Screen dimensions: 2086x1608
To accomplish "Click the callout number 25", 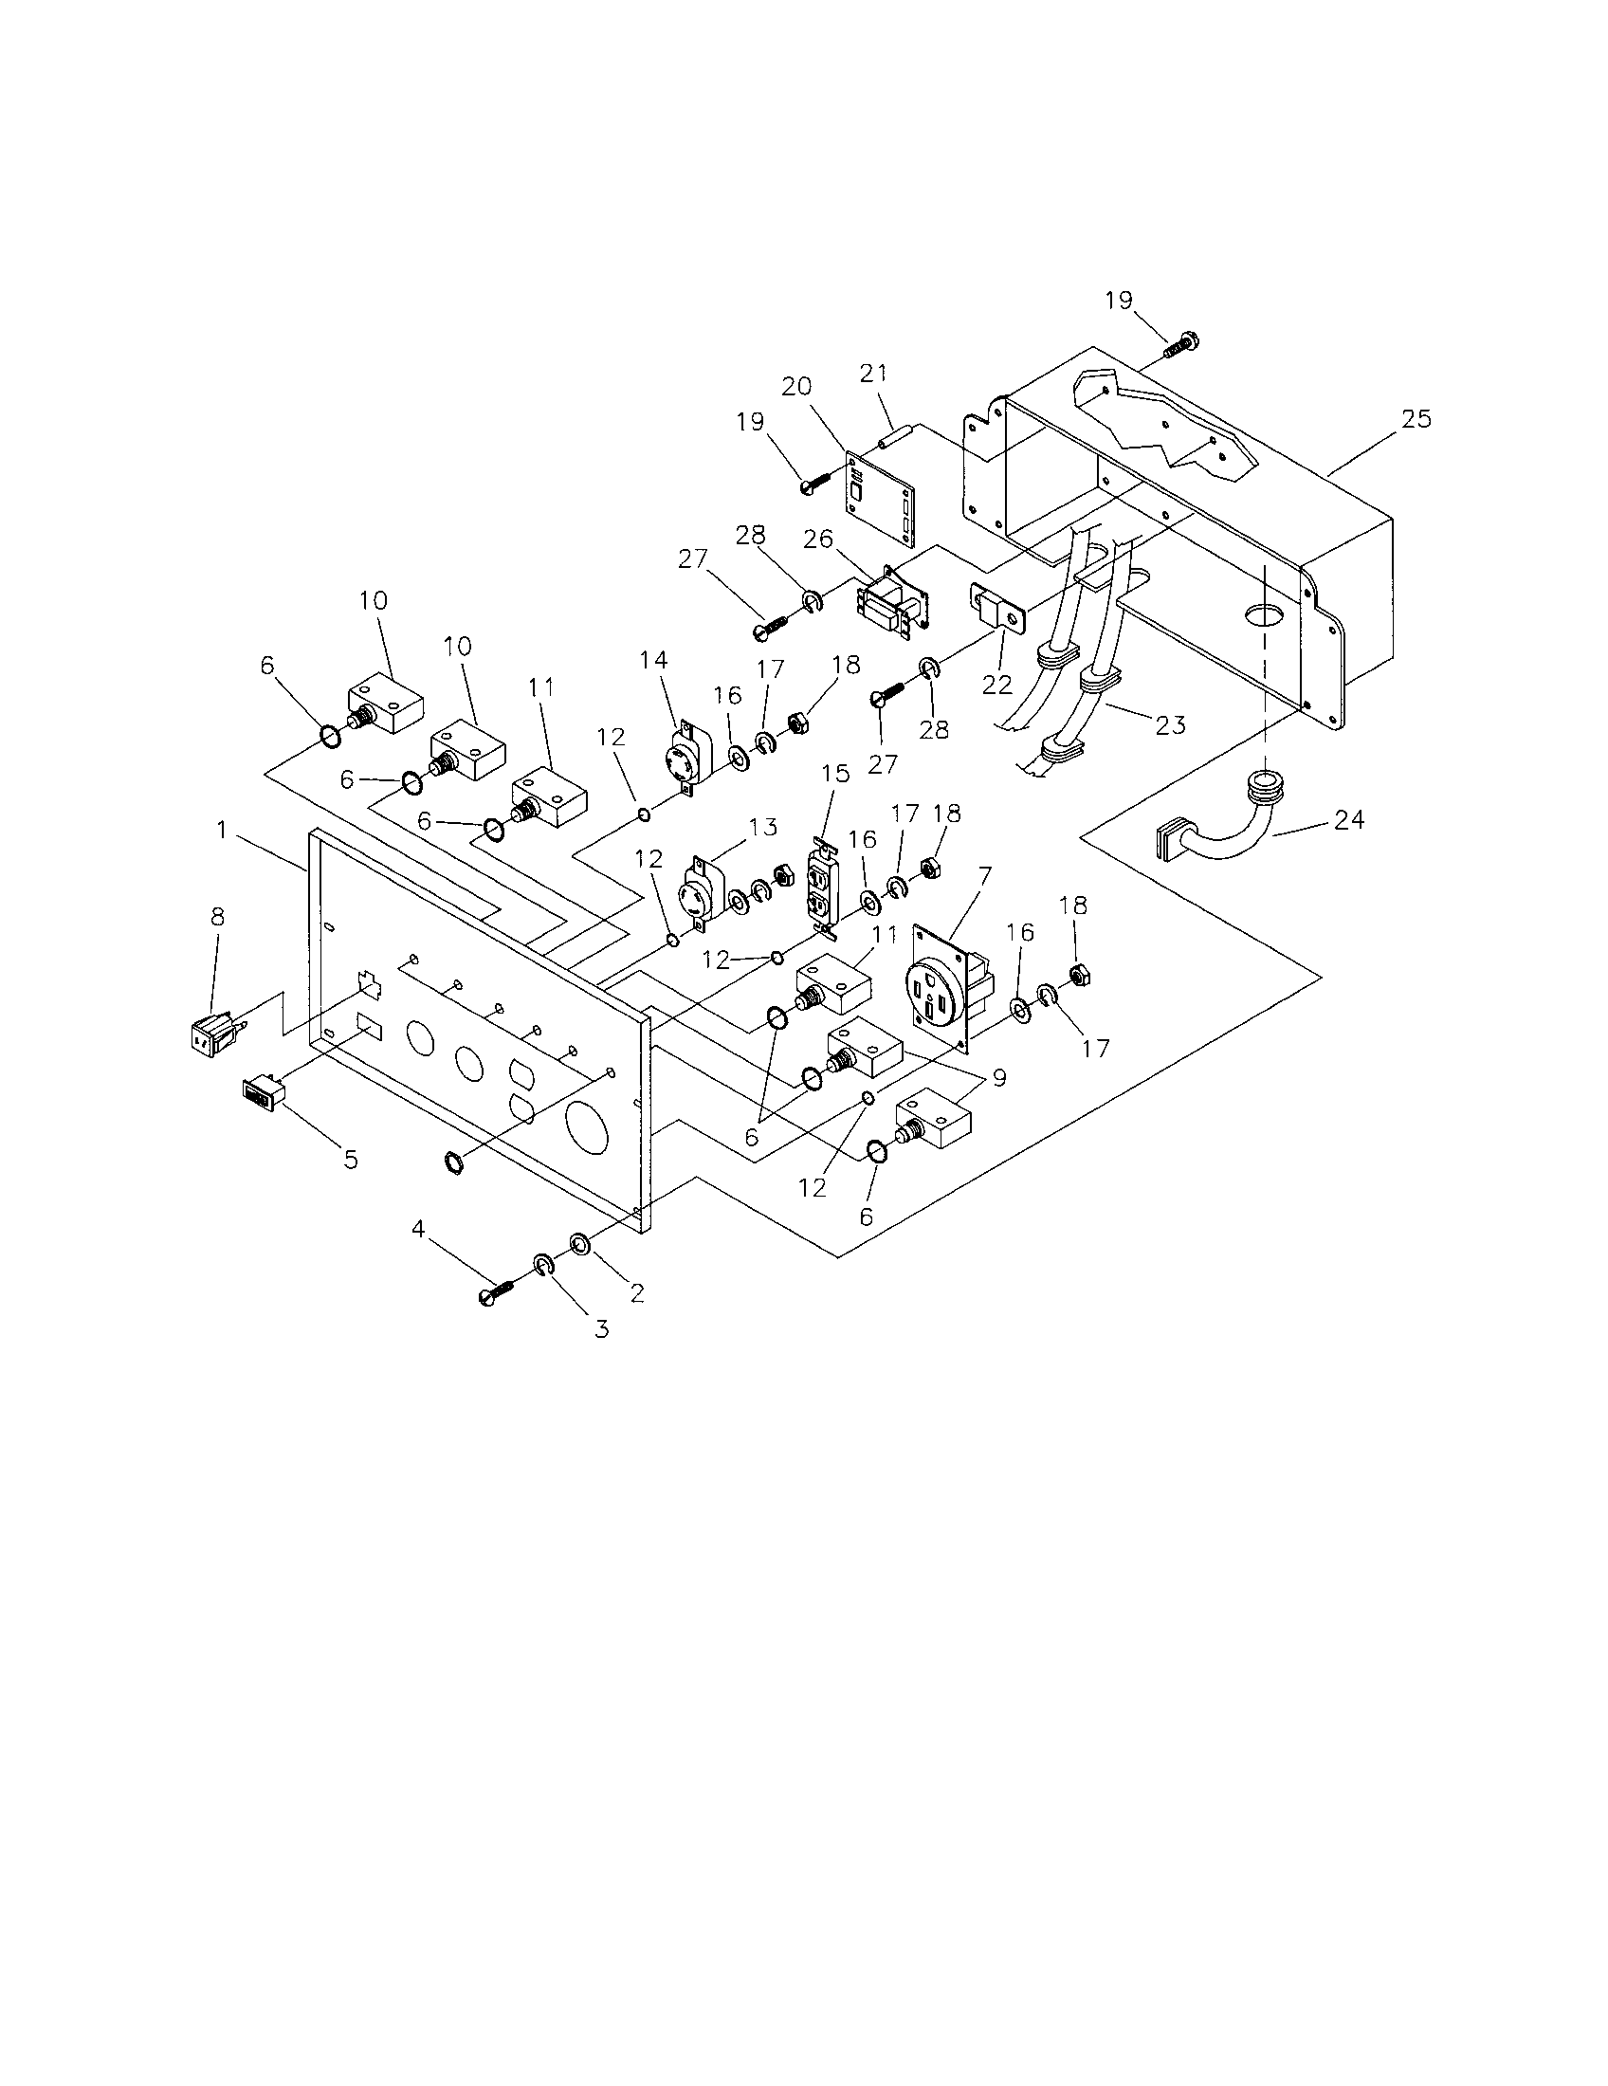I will pyautogui.click(x=1416, y=419).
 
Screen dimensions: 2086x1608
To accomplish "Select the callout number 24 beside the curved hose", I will pyautogui.click(x=1348, y=819).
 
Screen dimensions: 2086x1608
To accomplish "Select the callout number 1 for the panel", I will pyautogui.click(x=222, y=830).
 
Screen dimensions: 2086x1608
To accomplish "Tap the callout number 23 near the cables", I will pyautogui.click(x=1170, y=726).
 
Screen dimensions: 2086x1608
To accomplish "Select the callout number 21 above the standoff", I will pyautogui.click(x=873, y=375).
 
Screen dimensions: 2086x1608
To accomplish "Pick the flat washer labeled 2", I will pyautogui.click(x=579, y=1243).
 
